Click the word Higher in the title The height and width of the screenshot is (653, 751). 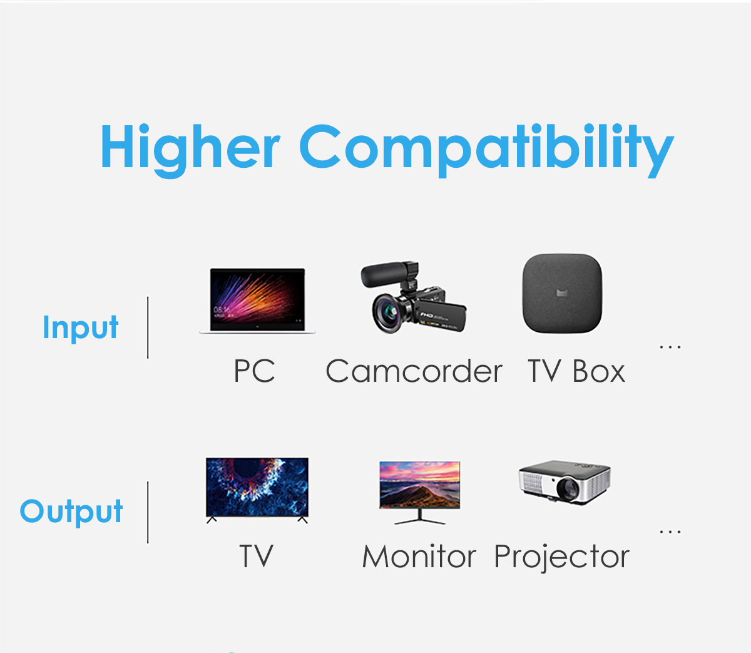click(190, 150)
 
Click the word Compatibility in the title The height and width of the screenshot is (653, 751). click(487, 150)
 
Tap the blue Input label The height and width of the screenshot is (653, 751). click(80, 328)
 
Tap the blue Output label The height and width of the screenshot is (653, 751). click(71, 512)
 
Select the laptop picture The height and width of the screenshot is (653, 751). click(257, 301)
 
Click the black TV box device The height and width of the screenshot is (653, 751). click(563, 293)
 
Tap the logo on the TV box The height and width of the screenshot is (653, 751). click(562, 293)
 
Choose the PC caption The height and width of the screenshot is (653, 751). click(254, 371)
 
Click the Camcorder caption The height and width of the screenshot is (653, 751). click(414, 371)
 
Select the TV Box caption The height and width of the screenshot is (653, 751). click(576, 371)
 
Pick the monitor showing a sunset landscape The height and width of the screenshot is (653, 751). click(419, 492)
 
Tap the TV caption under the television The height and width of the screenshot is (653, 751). click(256, 556)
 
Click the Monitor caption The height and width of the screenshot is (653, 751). click(419, 556)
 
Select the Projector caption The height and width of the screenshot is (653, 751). click(562, 557)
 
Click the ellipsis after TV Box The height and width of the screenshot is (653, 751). click(670, 347)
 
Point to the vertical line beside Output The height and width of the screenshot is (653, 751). click(148, 512)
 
